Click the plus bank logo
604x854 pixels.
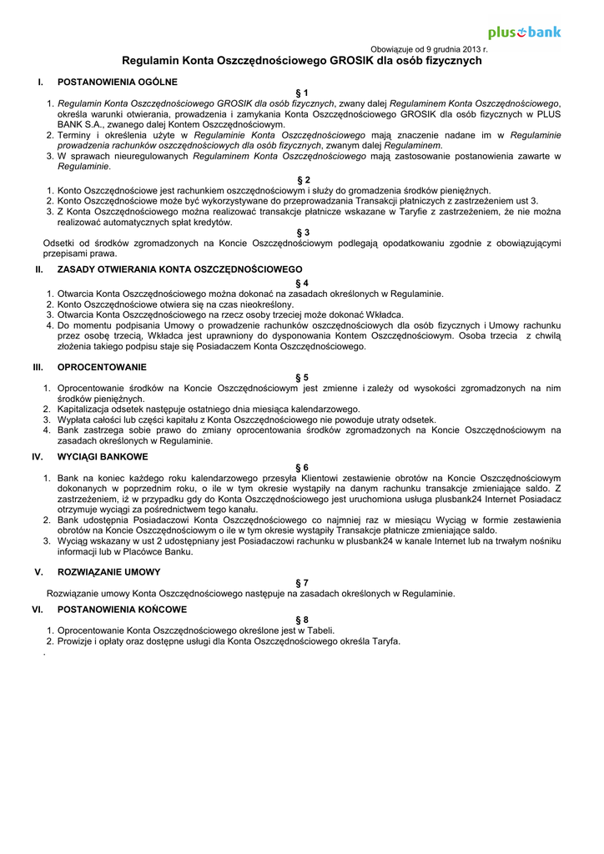524,33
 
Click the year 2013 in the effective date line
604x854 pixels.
471,50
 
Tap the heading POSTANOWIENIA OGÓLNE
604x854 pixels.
117,82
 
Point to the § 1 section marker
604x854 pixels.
302,93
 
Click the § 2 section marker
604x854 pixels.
302,179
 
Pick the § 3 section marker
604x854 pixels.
302,233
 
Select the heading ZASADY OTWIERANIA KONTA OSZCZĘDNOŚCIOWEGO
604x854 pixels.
179,269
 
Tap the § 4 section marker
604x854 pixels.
302,283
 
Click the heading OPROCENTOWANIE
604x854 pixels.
102,367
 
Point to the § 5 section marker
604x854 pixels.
302,377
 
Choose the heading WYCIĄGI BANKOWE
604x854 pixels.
103,457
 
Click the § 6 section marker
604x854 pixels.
302,467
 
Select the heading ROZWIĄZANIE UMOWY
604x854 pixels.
108,572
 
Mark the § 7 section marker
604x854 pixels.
302,582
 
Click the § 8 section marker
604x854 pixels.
302,620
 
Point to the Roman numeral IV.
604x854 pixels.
38,457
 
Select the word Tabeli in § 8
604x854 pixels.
320,630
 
